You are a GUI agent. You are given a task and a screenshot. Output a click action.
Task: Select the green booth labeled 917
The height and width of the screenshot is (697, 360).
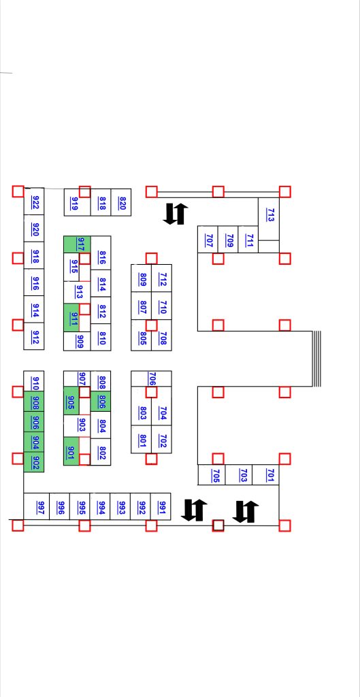[77, 244]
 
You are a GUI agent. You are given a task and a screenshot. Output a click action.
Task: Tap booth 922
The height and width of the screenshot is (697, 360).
[34, 201]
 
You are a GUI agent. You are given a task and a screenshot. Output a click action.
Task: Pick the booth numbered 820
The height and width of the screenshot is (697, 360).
[121, 203]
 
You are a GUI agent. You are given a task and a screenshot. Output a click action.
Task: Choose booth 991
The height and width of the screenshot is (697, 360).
[161, 506]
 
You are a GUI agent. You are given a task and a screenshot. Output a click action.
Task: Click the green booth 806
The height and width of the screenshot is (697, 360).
[101, 402]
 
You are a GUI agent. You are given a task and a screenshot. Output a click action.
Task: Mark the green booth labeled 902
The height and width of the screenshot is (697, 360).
[34, 462]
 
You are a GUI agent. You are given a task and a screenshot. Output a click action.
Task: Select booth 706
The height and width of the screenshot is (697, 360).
[152, 378]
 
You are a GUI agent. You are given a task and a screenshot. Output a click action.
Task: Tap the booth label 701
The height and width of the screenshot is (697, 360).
[269, 474]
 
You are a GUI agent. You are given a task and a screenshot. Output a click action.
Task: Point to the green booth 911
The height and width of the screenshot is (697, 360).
[71, 317]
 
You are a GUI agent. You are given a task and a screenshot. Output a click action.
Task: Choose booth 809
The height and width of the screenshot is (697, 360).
[142, 278]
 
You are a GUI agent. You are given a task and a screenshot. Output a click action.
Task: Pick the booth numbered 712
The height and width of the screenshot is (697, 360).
[162, 278]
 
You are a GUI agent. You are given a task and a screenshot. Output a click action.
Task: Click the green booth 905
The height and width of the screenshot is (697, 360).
[71, 400]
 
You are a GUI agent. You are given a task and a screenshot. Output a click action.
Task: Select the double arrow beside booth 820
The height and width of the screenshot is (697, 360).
[176, 214]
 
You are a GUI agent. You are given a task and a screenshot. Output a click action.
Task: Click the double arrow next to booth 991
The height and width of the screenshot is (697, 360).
[194, 510]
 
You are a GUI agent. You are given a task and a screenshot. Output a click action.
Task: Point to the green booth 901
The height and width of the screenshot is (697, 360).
[71, 451]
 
